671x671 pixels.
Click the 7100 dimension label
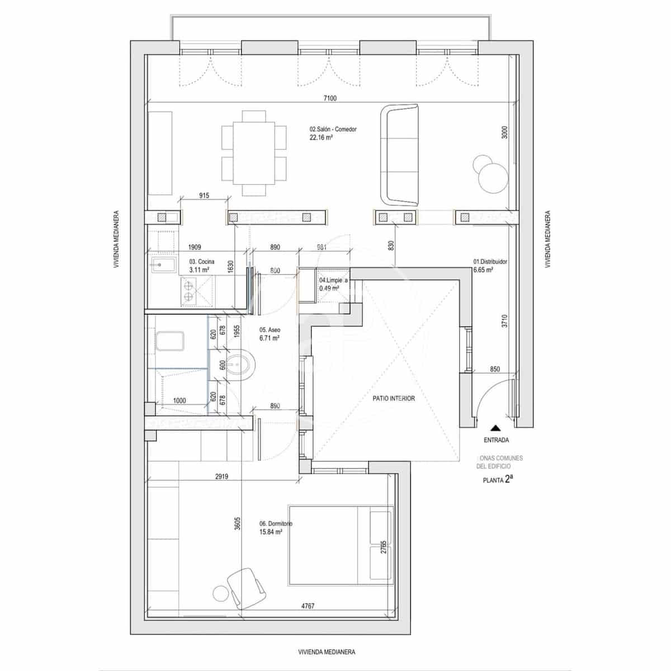point(330,98)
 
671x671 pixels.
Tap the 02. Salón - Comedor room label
point(333,133)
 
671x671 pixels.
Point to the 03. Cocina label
point(201,265)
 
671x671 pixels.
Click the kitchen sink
point(163,265)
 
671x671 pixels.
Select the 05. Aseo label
point(269,334)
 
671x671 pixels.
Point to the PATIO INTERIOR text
point(394,399)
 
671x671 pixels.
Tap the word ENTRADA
point(496,440)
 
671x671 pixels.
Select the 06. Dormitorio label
point(275,527)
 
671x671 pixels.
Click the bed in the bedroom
point(341,545)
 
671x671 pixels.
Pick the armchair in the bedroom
point(247,588)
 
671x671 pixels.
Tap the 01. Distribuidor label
point(490,265)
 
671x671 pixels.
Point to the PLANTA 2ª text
point(498,479)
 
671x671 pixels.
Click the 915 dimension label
point(204,195)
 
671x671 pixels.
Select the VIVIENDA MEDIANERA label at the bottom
point(327,652)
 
